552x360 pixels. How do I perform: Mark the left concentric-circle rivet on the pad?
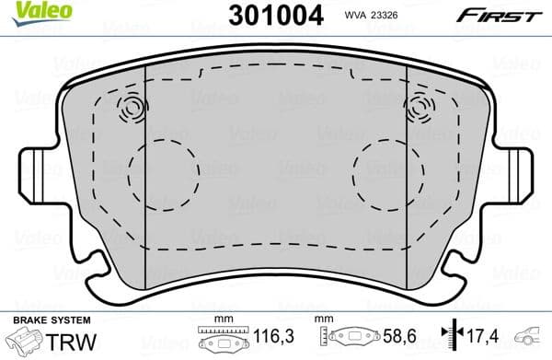tap(132, 111)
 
